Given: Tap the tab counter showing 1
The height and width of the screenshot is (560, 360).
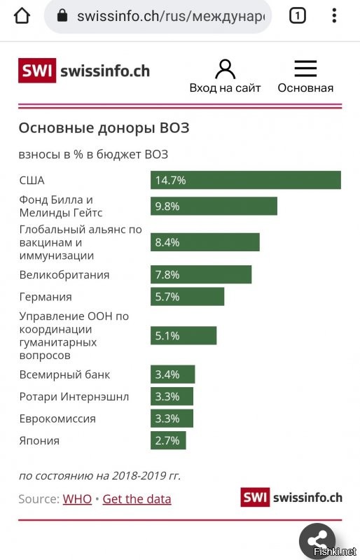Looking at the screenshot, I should click(x=298, y=15).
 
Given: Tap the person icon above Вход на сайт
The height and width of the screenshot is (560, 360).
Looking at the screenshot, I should click(x=225, y=69).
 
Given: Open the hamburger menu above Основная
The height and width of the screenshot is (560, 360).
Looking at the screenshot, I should click(x=305, y=69).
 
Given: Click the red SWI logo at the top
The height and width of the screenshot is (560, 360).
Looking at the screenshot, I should click(x=38, y=71).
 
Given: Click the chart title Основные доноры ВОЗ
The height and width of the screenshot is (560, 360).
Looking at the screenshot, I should click(x=104, y=128).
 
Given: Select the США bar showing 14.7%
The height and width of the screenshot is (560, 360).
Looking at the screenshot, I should click(x=245, y=180).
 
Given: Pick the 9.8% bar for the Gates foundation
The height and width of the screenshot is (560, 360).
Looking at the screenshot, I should click(x=214, y=206).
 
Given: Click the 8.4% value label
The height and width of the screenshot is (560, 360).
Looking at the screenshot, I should click(x=167, y=242).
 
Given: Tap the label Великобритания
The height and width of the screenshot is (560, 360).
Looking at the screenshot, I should click(x=64, y=274).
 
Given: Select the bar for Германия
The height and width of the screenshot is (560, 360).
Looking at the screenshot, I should click(x=187, y=297).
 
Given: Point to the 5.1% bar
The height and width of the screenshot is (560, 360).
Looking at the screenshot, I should click(x=183, y=335).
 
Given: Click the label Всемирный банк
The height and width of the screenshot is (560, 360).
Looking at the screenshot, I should click(x=64, y=374).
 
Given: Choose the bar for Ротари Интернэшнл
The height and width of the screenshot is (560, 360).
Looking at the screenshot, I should click(x=172, y=396).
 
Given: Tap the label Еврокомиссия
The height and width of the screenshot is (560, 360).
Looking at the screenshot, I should click(x=57, y=419).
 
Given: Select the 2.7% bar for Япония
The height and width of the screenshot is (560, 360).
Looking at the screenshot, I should click(x=168, y=440).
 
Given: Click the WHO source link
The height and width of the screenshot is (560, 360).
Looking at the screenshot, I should click(x=77, y=499).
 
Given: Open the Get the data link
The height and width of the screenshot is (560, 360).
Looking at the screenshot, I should click(x=137, y=499).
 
